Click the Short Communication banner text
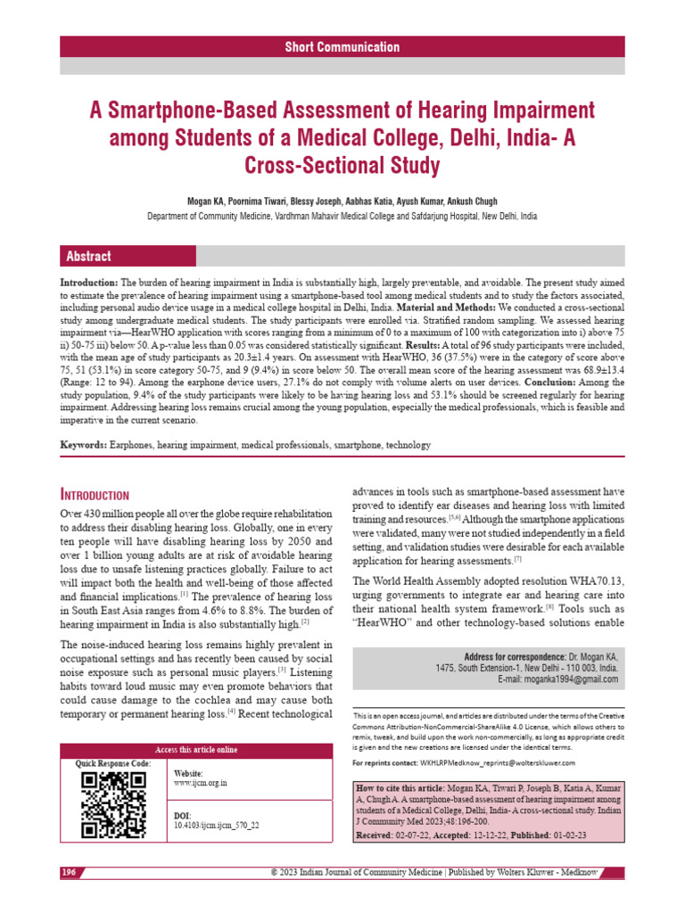point(342,47)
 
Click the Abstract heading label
point(89,256)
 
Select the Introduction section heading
point(95,495)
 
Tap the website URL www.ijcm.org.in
point(201,782)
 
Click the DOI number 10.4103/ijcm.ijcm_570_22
point(217,826)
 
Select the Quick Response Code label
point(113,763)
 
